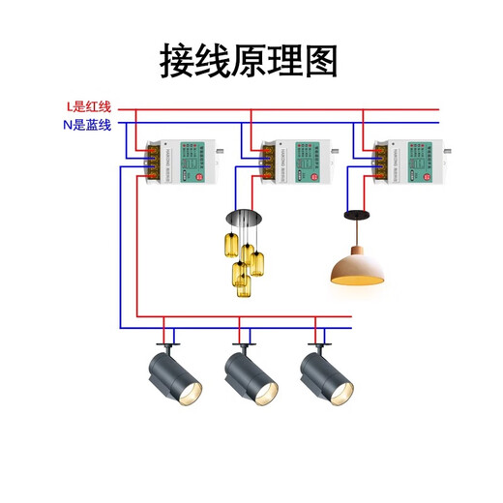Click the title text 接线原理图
[x=250, y=61]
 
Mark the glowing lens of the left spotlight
[x=191, y=394]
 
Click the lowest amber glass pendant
[x=243, y=287]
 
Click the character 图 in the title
[x=320, y=61]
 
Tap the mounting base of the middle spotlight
[x=244, y=344]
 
